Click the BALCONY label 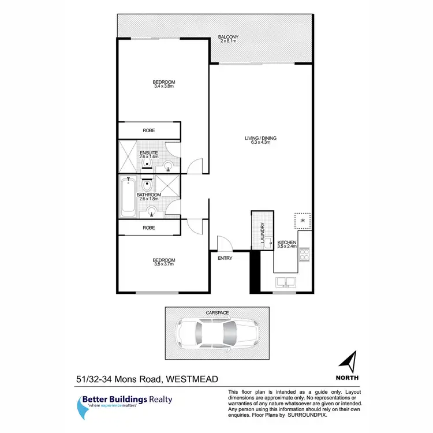click(x=228, y=38)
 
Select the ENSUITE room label click(x=148, y=152)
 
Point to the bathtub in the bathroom click(x=127, y=197)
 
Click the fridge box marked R click(x=303, y=221)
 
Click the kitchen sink click(x=285, y=283)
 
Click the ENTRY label click(x=225, y=258)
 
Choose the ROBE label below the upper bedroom click(x=149, y=130)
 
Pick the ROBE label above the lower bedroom click(x=149, y=228)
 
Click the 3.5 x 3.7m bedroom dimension click(x=165, y=264)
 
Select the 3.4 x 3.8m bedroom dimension click(x=165, y=87)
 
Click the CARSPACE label click(x=218, y=312)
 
